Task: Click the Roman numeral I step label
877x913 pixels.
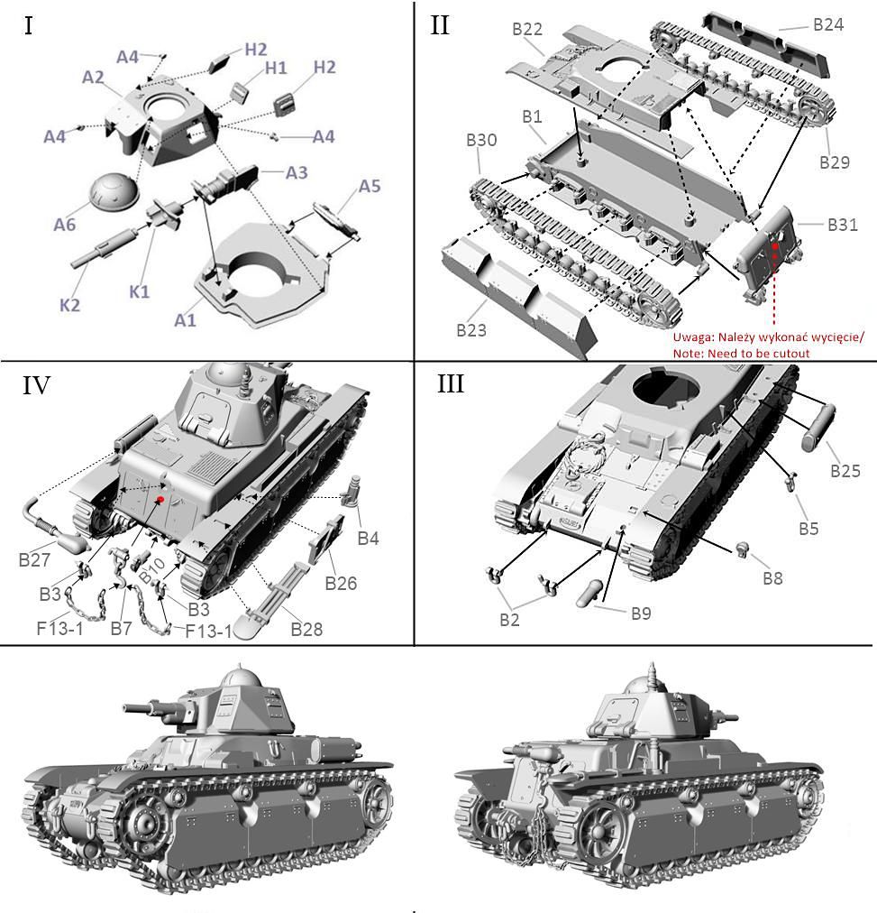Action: pos(29,25)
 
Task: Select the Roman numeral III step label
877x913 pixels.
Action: pos(451,384)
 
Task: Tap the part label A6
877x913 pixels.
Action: pos(64,225)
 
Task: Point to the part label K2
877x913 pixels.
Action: pos(70,305)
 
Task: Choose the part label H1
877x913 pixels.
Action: pos(275,68)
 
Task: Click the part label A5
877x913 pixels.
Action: pos(370,187)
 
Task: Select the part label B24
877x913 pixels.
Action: pos(827,24)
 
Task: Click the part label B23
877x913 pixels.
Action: pos(470,330)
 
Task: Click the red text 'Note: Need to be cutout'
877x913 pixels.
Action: pos(741,354)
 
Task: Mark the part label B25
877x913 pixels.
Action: pos(845,470)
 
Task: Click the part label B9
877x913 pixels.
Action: pos(641,613)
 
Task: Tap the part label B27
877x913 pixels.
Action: pos(35,559)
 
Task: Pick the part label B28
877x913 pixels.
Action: pos(306,628)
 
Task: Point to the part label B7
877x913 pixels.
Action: pos(122,627)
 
